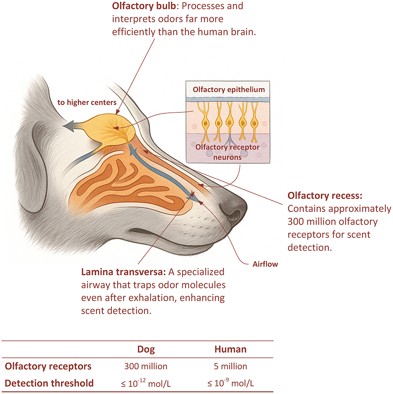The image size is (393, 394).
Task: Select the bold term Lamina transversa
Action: click(118, 272)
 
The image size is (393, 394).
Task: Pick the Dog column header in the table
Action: click(146, 349)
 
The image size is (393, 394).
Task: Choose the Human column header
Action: click(230, 349)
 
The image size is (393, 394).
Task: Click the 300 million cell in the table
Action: click(146, 366)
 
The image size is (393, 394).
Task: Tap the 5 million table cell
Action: click(230, 366)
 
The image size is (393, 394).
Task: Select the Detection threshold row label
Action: click(49, 383)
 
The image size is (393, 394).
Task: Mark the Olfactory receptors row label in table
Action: click(48, 366)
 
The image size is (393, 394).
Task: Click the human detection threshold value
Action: click(230, 383)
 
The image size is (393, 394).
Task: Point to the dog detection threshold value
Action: click(146, 383)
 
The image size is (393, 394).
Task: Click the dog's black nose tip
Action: click(235, 208)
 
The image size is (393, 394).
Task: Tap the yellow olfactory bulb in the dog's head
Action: click(116, 128)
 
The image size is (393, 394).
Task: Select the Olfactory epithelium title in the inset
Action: click(229, 89)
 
